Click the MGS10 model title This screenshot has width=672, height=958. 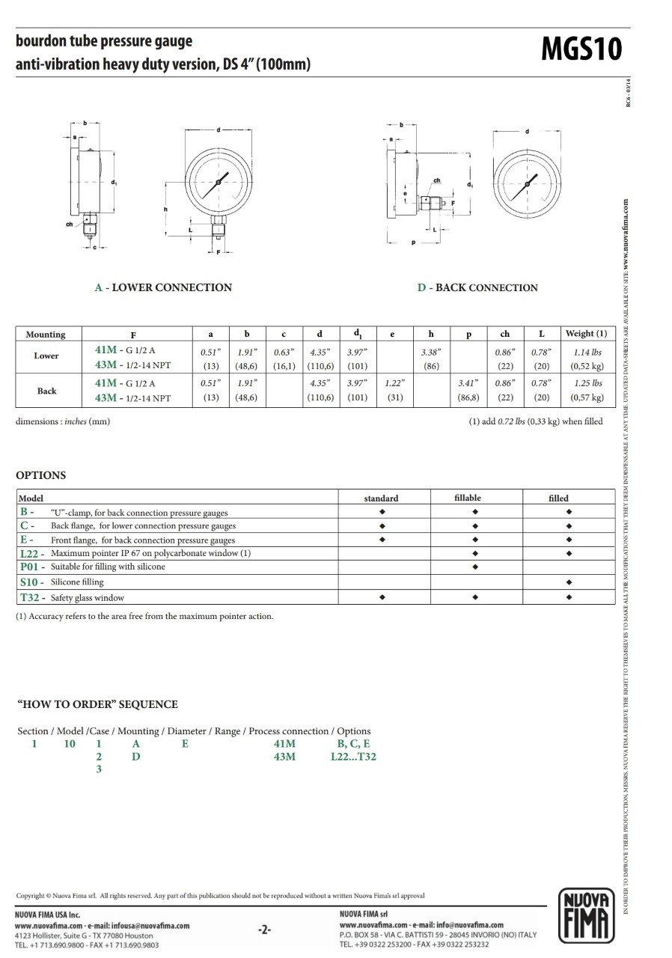point(581,50)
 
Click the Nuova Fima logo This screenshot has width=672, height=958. point(586,915)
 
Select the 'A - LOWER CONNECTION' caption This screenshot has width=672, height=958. point(163,287)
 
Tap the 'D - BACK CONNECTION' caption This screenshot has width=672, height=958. point(477,287)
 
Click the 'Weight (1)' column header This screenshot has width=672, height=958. point(586,334)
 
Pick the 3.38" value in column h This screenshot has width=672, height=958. point(430,352)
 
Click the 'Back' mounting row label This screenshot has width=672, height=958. point(46,391)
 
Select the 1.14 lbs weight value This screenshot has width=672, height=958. point(587,352)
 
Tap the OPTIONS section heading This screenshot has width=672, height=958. point(40,475)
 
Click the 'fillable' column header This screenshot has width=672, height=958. point(468,498)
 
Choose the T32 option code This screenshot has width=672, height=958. point(30,597)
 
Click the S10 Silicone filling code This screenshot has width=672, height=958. point(29,582)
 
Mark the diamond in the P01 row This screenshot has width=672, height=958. point(475,567)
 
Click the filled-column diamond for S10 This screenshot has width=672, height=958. point(569,582)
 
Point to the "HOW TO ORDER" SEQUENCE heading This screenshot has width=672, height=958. point(97,704)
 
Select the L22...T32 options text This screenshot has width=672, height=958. point(353,757)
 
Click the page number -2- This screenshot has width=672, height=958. point(264,930)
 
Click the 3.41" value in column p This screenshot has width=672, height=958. point(468,383)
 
